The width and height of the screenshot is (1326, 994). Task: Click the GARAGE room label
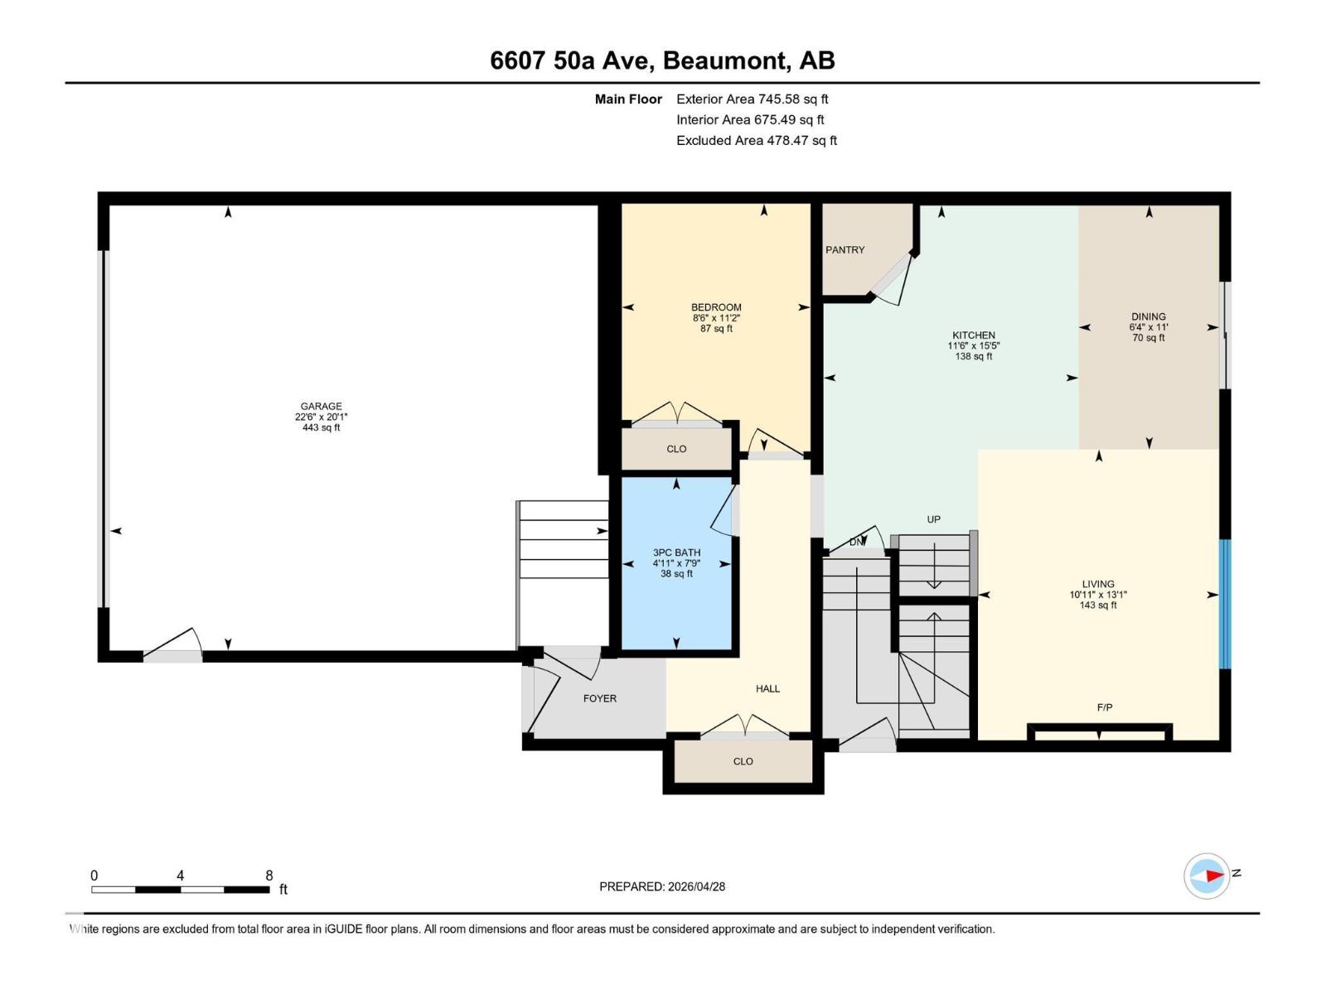[321, 406]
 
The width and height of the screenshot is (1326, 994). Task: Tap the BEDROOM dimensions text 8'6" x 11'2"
[716, 318]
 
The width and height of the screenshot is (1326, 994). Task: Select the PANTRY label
[844, 249]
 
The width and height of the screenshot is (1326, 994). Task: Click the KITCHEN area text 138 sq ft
[973, 357]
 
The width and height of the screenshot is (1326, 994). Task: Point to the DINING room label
[1148, 316]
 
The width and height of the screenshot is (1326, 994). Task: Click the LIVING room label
[1097, 584]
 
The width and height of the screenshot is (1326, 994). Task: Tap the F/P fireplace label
[1104, 707]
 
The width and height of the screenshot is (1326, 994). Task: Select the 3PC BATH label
[676, 552]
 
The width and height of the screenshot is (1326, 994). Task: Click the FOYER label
[599, 698]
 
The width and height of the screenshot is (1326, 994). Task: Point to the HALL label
[767, 688]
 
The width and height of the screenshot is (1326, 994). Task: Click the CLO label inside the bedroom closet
[676, 449]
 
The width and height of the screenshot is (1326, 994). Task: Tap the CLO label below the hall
[743, 761]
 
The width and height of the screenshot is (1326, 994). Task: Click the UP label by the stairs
[933, 519]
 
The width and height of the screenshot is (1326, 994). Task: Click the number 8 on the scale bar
[269, 876]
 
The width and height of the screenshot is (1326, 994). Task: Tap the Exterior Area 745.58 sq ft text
[752, 99]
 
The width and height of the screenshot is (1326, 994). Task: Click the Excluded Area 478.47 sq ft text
[756, 141]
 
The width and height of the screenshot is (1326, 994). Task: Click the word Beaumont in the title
[725, 60]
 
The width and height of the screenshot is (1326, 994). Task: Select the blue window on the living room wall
[1224, 604]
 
